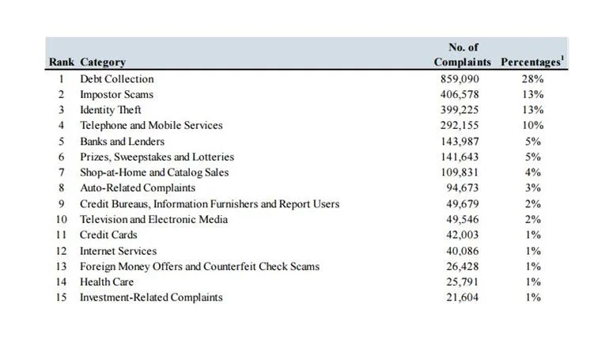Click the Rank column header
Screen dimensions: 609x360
pos(62,63)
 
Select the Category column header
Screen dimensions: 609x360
pos(103,63)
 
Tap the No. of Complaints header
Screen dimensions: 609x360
pos(463,55)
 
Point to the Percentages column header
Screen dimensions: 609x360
pos(532,62)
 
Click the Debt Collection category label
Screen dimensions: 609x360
pos(117,79)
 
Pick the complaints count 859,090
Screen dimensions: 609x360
pos(460,79)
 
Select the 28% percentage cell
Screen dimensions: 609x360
pos(532,79)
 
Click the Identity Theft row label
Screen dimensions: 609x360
pos(110,110)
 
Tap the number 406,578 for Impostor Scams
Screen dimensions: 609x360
pos(460,95)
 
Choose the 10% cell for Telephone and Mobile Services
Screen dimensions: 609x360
pos(532,126)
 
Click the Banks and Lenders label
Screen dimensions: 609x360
pos(122,142)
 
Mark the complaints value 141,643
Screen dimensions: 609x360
pos(460,157)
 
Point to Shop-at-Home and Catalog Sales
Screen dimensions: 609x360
pos(154,172)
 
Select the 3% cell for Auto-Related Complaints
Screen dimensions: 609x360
pos(533,188)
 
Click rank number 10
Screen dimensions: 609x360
pos(62,219)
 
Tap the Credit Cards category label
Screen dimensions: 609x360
pos(108,235)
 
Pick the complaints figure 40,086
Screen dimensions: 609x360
pos(462,252)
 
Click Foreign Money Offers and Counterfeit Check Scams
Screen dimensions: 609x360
pos(199,267)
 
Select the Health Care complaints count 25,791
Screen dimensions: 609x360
pos(462,282)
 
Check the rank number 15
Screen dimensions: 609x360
pos(62,297)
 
